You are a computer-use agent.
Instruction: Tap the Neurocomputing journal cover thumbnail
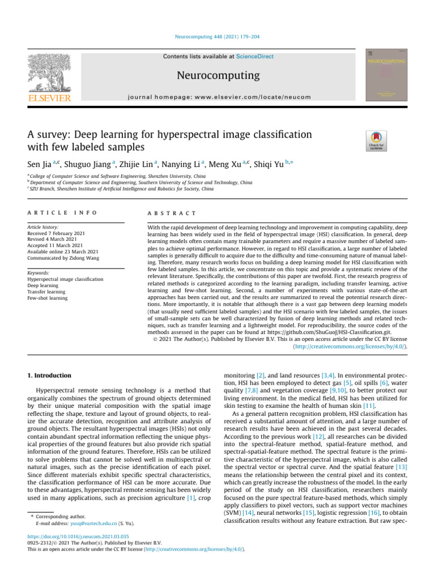point(386,75)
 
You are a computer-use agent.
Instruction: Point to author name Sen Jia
point(40,164)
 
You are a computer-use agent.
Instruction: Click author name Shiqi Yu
point(272,164)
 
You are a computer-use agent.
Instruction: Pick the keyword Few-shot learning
point(47,298)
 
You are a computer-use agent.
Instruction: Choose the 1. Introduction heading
point(50,376)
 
